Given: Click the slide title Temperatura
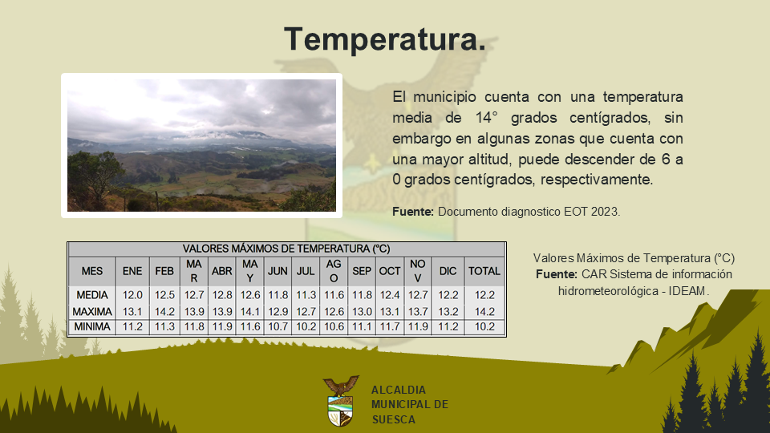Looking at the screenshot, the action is click(385, 39).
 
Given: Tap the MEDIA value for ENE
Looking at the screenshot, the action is click(132, 295).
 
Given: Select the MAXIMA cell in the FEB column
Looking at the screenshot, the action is click(164, 312).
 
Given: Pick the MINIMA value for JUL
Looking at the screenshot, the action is click(306, 326).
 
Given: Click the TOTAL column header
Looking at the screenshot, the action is click(484, 271).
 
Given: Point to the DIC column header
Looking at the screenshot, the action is click(448, 271).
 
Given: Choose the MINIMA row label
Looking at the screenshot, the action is click(92, 326).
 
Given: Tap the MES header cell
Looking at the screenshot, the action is click(92, 271).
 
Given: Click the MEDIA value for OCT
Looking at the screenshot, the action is click(390, 295).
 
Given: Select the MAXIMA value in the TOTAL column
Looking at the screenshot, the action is click(484, 312).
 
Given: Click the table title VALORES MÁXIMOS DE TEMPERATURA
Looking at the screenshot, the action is click(286, 249).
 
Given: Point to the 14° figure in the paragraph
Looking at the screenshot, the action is click(486, 118).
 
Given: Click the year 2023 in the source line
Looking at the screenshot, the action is click(606, 212).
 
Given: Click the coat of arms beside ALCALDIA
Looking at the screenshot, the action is click(340, 401).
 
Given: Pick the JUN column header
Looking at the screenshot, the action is click(278, 271).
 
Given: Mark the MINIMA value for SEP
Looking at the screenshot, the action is click(362, 326).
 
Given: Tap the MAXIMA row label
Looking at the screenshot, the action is click(92, 312).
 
